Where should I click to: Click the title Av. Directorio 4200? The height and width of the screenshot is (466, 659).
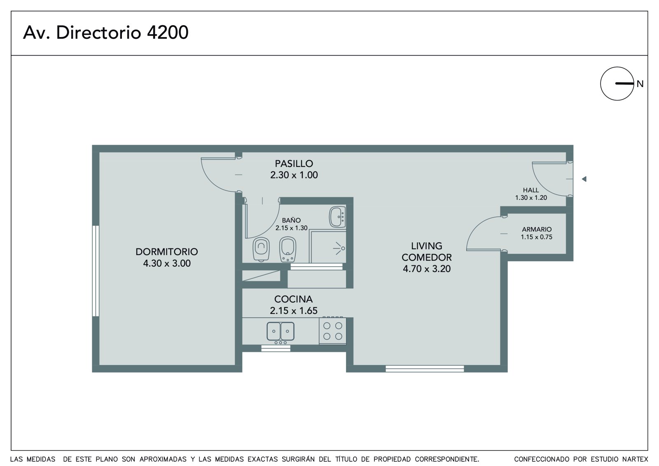pos(105,33)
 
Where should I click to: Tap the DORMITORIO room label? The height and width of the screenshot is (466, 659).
pos(167,252)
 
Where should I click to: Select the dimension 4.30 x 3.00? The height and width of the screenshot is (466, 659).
pos(167,263)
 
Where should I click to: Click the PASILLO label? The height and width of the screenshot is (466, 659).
pos(294,164)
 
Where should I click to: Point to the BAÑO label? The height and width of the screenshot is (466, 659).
pos(291,220)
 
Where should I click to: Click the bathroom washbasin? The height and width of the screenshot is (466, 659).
pos(337,217)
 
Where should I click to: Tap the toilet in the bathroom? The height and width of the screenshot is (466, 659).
pos(261,249)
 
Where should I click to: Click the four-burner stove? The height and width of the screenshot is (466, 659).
pos(332,330)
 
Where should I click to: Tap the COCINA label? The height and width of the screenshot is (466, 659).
pos(293,299)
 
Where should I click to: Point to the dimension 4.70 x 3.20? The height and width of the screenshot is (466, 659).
pos(427,269)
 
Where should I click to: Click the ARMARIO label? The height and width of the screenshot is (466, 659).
pos(537,229)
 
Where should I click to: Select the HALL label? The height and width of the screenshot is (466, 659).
pos(531,190)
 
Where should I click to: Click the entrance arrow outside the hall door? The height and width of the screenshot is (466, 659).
pos(584,179)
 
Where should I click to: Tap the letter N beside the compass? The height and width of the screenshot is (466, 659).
pos(640,84)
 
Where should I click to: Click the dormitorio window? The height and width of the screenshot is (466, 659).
pos(96,271)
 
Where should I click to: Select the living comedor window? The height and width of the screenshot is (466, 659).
pos(425,369)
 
